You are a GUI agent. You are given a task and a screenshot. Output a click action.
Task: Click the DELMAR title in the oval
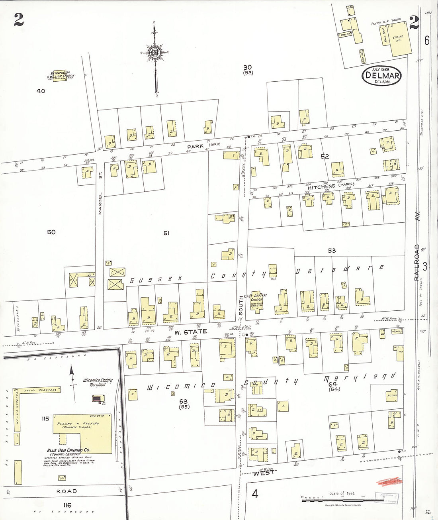point(381,75)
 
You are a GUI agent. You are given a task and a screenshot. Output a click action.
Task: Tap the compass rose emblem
point(155,53)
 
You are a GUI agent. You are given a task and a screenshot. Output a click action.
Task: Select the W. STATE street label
point(190,332)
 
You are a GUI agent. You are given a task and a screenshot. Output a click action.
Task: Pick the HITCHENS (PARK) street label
point(330,186)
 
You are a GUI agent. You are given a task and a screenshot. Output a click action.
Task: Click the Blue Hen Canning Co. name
point(68,450)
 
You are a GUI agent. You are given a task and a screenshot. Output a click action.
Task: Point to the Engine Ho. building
point(398,39)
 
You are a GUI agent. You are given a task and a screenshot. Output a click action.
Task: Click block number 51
point(166,233)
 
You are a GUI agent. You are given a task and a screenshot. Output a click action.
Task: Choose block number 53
point(332,251)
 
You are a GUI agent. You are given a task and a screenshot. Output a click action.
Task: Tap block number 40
point(41,91)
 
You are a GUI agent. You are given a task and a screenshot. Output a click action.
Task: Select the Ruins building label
point(392,395)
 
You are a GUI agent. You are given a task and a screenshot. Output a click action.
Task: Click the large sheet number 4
point(255,494)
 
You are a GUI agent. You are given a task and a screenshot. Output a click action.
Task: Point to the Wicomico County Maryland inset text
point(98,382)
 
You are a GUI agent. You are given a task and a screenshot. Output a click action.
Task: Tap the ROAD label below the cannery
point(66,491)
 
